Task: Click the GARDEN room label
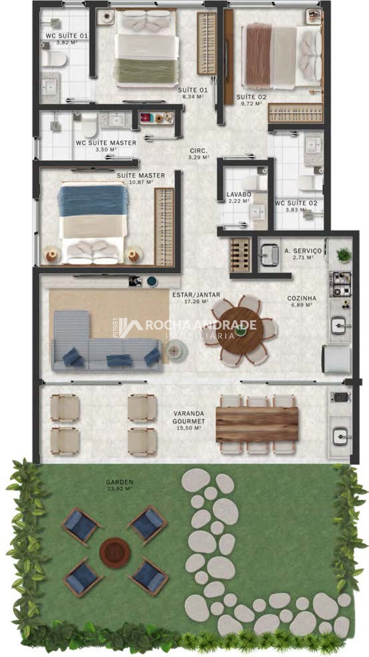pos(119,482)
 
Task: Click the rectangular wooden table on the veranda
pos(257,424)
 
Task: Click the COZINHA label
pos(302,298)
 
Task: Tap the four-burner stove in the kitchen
pos(340,284)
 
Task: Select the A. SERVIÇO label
pos(303,250)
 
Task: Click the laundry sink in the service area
pos(269,255)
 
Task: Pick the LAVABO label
pos(239,194)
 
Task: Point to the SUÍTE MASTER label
pos(141,176)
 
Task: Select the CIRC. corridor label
pos(199,151)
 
